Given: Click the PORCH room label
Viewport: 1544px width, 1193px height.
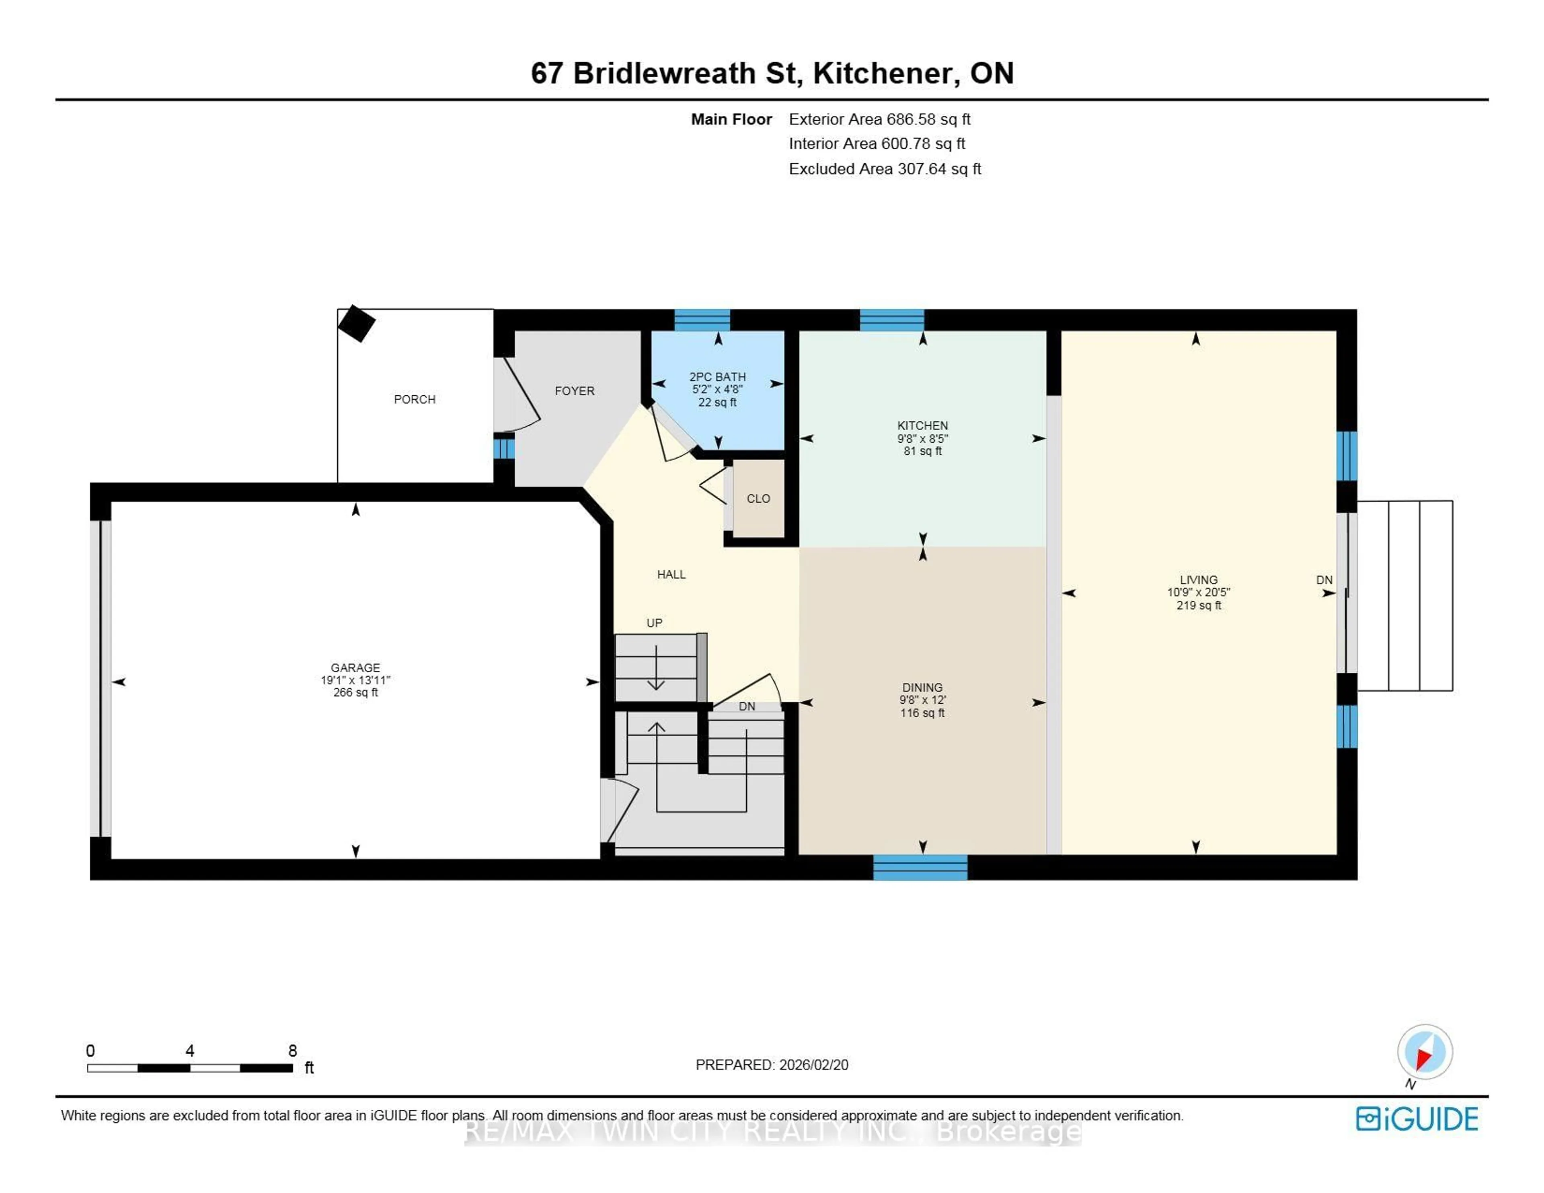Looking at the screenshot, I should (x=414, y=400).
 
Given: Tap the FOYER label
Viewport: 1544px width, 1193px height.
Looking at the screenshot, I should (x=574, y=391).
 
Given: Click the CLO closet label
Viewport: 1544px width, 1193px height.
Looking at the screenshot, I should (x=758, y=499).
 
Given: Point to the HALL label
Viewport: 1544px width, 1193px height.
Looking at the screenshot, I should (x=671, y=574).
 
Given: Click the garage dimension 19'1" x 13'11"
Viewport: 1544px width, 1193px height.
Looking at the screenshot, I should (x=355, y=680).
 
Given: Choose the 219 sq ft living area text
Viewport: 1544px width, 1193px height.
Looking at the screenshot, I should (x=1198, y=605).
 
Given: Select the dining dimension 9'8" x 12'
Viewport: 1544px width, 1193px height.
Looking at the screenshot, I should (x=922, y=700).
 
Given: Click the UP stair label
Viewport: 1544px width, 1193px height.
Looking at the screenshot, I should (x=654, y=623).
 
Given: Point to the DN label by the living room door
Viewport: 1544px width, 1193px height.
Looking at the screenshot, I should (x=1323, y=580).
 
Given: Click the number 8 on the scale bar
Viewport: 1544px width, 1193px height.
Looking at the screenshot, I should (x=292, y=1051).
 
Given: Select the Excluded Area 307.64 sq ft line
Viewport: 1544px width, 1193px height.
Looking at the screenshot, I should (x=885, y=169).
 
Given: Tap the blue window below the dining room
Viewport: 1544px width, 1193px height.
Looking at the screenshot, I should (x=920, y=868).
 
